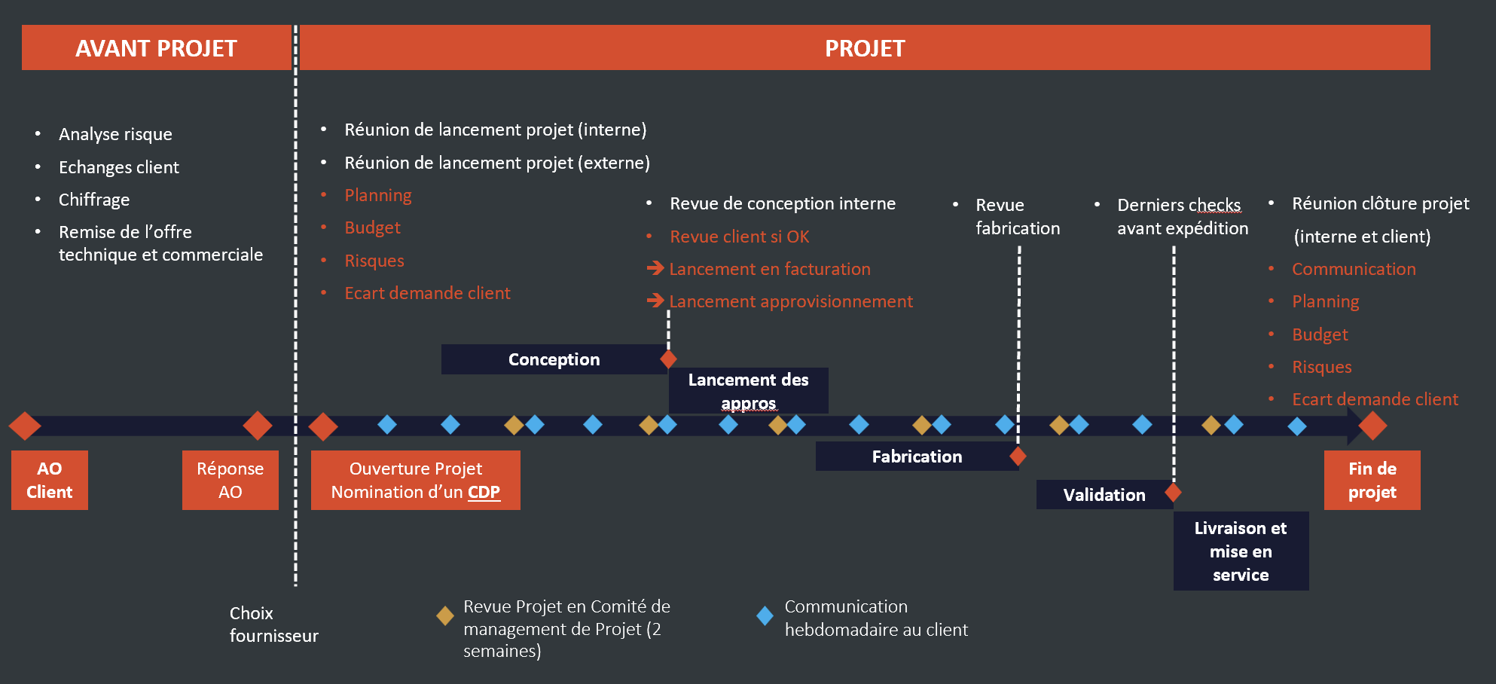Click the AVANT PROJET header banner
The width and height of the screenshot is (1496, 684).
(156, 48)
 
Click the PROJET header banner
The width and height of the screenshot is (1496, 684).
(864, 48)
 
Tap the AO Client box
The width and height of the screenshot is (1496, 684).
(50, 480)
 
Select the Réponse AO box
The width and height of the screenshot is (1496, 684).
(230, 480)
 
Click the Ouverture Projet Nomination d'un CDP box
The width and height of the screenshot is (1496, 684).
(415, 480)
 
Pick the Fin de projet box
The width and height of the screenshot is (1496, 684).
(1372, 480)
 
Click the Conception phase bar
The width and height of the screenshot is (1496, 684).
(553, 359)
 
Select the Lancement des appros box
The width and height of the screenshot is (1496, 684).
(748, 390)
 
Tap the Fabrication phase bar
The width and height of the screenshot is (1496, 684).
(916, 457)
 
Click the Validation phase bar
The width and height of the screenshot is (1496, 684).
(1104, 495)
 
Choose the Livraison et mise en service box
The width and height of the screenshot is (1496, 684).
(1241, 551)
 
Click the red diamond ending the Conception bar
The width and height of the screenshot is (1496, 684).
(668, 359)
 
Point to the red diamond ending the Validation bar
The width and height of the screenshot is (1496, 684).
(1173, 493)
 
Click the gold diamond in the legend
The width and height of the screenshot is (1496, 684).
(445, 616)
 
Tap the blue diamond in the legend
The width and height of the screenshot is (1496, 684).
(765, 616)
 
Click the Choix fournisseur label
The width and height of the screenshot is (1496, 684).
(273, 624)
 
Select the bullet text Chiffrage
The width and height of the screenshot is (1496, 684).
(94, 200)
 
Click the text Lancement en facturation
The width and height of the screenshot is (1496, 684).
(769, 269)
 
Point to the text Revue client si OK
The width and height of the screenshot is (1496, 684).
(739, 237)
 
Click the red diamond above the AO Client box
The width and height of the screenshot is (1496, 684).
(25, 426)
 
